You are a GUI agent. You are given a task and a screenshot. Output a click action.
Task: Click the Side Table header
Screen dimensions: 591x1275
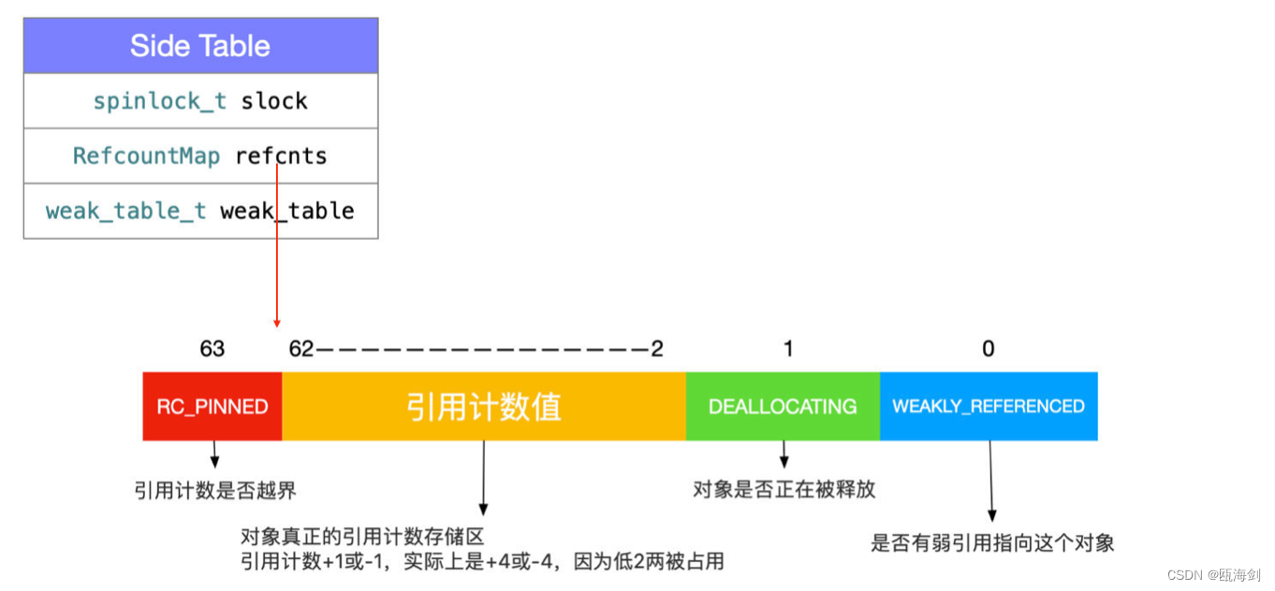[200, 46]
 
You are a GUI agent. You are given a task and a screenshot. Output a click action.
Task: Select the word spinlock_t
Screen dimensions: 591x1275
[159, 101]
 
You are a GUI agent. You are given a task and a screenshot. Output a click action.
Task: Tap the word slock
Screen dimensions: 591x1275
[274, 101]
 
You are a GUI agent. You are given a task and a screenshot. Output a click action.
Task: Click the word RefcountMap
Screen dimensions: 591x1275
[146, 155]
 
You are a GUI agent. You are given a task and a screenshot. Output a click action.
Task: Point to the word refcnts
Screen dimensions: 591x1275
[282, 155]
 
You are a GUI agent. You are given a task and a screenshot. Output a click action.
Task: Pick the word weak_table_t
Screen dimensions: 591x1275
[125, 211]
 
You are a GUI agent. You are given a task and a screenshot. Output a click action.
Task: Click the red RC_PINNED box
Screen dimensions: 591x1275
[212, 406]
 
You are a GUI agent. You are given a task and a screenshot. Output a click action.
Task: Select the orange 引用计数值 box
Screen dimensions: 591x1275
[483, 406]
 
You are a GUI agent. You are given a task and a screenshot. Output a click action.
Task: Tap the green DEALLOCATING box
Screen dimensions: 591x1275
[783, 406]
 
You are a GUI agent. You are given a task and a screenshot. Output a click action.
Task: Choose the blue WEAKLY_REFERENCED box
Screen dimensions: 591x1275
[988, 406]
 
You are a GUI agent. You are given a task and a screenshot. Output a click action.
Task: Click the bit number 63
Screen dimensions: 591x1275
[212, 348]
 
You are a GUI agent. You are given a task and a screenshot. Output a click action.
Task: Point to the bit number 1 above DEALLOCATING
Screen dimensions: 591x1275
[788, 348]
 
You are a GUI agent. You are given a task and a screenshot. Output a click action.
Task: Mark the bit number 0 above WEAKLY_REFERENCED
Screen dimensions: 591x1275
[989, 348]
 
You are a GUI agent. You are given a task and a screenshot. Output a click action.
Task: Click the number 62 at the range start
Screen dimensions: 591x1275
[301, 348]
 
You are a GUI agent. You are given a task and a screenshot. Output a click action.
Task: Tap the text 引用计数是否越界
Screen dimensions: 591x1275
[215, 490]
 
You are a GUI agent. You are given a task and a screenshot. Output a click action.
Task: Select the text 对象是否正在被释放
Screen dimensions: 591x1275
[784, 489]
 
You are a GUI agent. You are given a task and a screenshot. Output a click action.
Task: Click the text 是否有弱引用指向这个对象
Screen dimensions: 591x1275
[992, 542]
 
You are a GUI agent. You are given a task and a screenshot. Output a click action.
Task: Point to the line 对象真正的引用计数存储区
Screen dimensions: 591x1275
[362, 537]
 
